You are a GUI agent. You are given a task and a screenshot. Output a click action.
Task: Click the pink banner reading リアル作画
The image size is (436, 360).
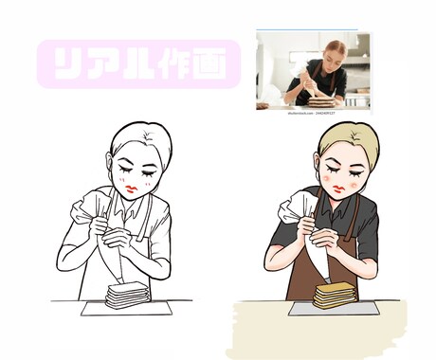(x=138, y=64)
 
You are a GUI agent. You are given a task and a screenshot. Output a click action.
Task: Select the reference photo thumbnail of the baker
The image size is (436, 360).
(x=313, y=70)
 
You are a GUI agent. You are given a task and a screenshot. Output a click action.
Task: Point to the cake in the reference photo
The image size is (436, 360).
(x=321, y=99)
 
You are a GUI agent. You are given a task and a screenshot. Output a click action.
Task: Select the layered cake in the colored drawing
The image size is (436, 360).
(x=332, y=295)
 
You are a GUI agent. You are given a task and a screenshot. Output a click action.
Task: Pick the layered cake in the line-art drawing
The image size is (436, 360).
(x=127, y=295)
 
